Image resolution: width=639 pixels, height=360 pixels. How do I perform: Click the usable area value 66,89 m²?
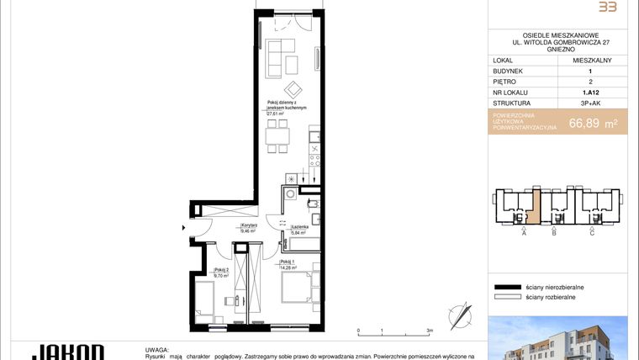point(593,124)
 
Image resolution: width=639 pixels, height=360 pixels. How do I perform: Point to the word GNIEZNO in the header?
point(559,50)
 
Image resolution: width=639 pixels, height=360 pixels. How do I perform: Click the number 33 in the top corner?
point(605,7)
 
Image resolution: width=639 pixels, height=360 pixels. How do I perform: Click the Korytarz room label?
point(249,225)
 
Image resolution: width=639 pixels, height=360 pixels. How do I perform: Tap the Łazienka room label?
point(299,228)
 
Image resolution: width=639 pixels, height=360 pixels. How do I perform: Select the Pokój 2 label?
point(221,270)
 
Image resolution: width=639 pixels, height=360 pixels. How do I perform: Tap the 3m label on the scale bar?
point(430,331)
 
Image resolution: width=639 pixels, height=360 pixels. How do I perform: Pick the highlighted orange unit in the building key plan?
point(534,206)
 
